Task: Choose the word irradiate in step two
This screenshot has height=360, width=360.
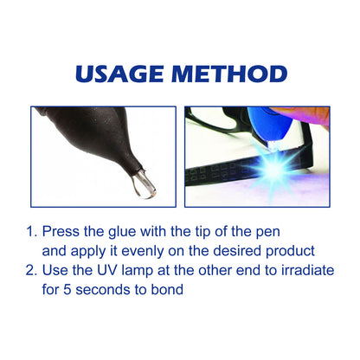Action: pyautogui.click(x=305, y=270)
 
